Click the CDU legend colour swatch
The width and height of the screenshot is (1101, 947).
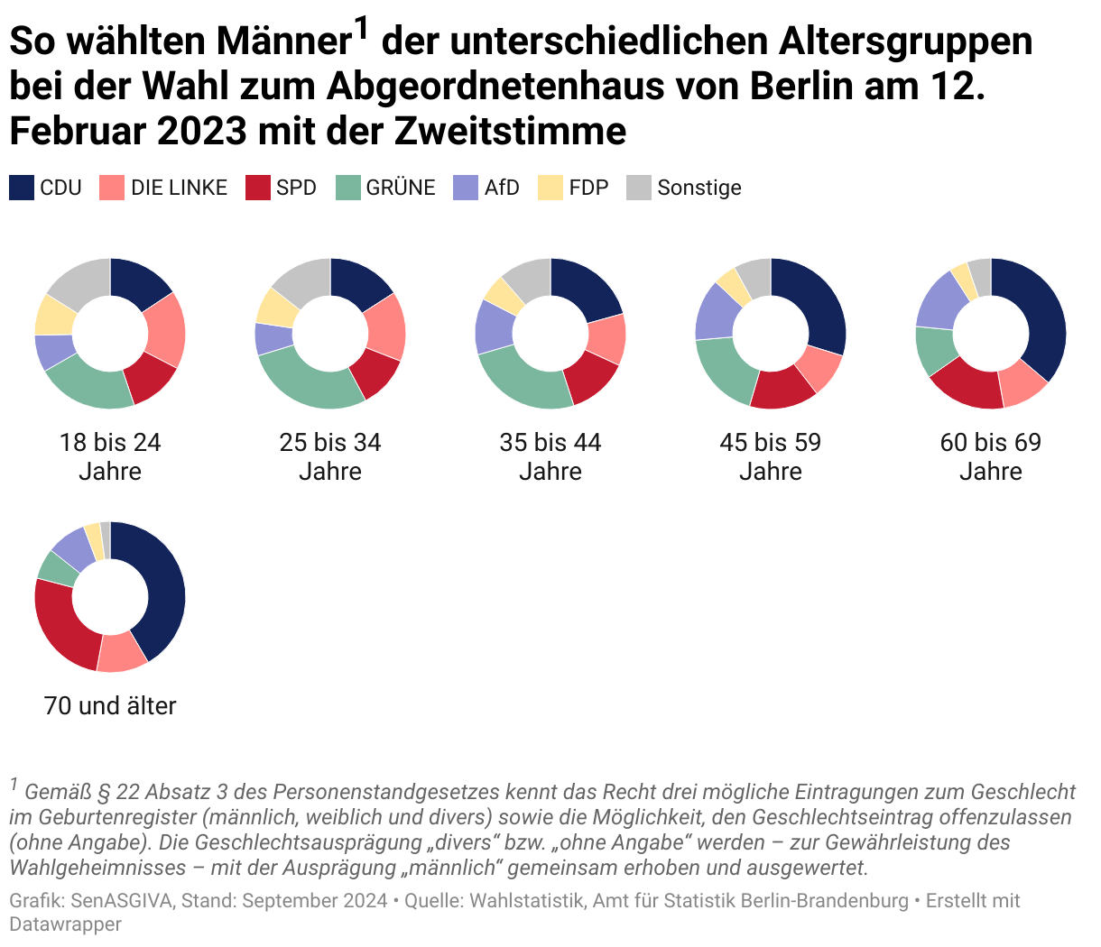coord(22,188)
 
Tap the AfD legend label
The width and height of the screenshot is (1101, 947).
coord(502,188)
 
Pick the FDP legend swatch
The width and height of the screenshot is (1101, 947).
coord(550,188)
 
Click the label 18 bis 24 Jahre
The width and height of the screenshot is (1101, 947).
coord(110,456)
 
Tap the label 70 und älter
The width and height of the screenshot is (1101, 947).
coord(110,705)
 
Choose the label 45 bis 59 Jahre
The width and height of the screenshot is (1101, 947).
coord(771,456)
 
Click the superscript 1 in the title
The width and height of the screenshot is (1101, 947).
coord(361,29)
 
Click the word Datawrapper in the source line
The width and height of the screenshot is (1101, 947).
coord(65,924)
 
